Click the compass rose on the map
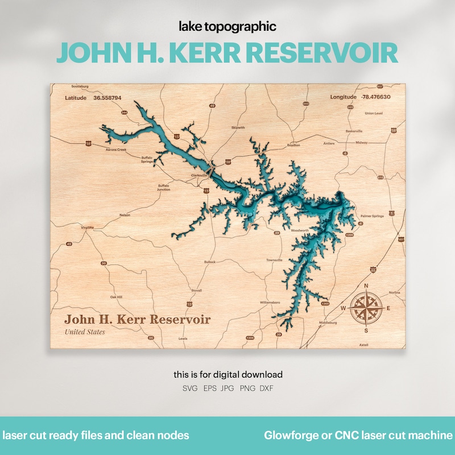366,308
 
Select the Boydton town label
293,145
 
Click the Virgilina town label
87,227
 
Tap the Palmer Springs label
372,216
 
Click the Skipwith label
238,127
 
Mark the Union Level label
374,113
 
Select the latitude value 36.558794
107,98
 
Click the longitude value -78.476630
375,97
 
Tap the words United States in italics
85,332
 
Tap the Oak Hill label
116,297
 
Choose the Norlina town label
394,292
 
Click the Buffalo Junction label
164,187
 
